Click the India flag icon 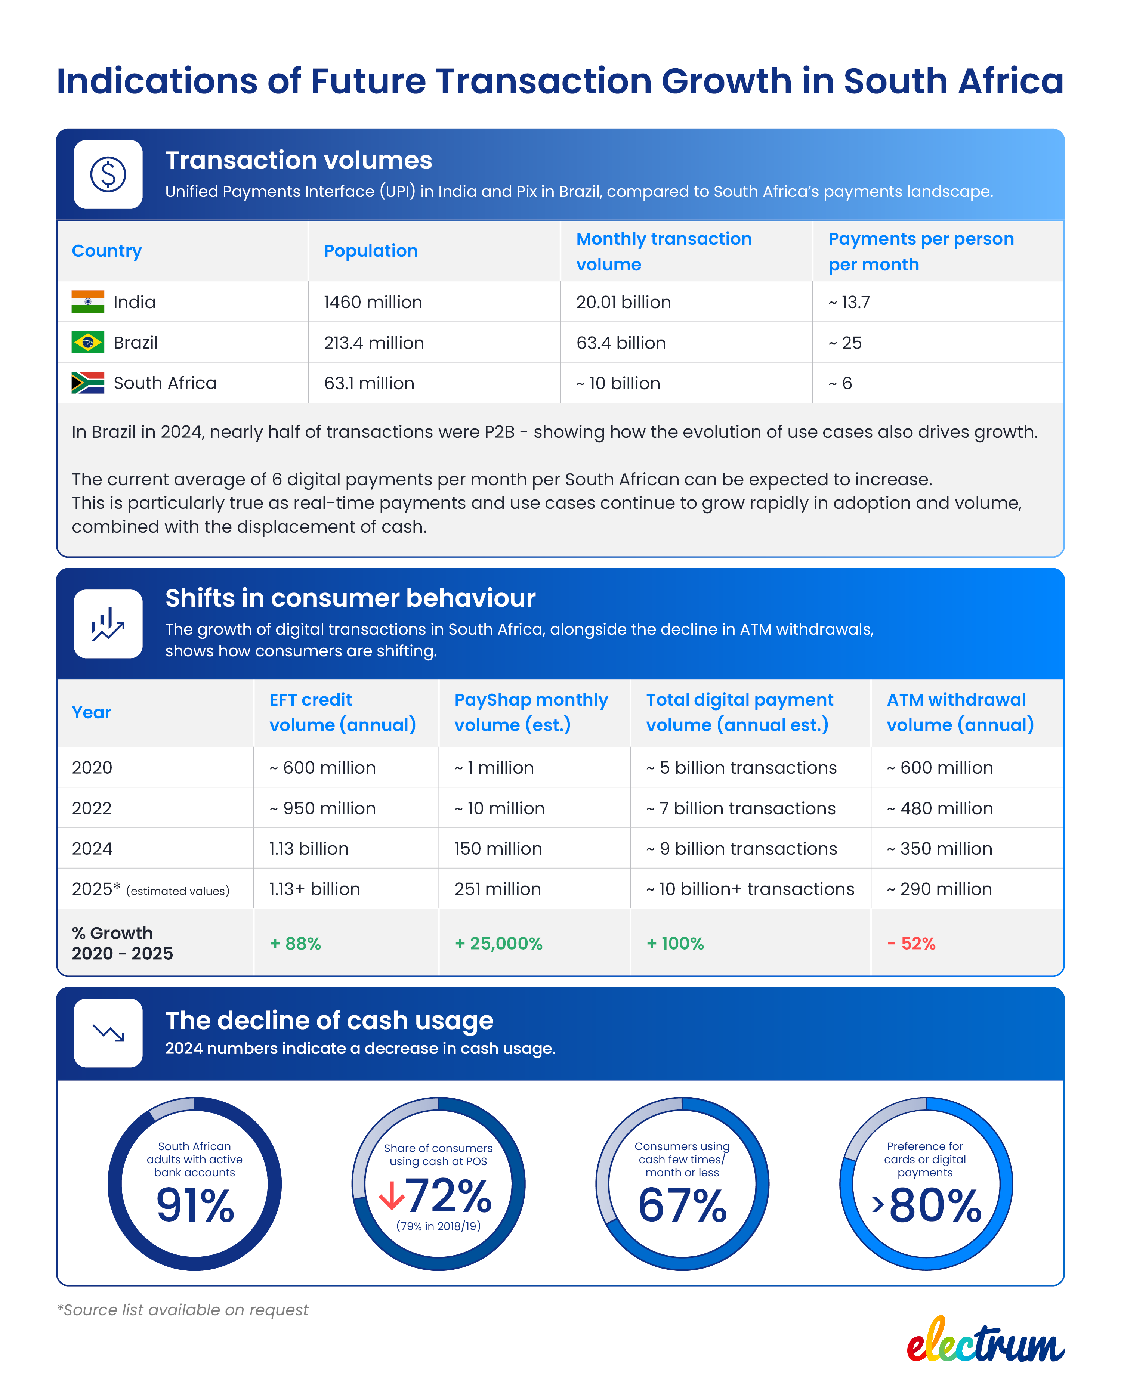pyautogui.click(x=88, y=302)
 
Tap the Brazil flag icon pyautogui.click(x=88, y=343)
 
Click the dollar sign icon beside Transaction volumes pyautogui.click(x=108, y=174)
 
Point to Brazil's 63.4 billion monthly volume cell pyautogui.click(x=621, y=343)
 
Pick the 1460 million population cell pyautogui.click(x=373, y=302)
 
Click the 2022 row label pyautogui.click(x=92, y=808)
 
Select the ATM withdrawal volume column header pyautogui.click(x=960, y=712)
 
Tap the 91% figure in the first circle pyautogui.click(x=195, y=1205)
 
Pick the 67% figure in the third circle pyautogui.click(x=682, y=1205)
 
